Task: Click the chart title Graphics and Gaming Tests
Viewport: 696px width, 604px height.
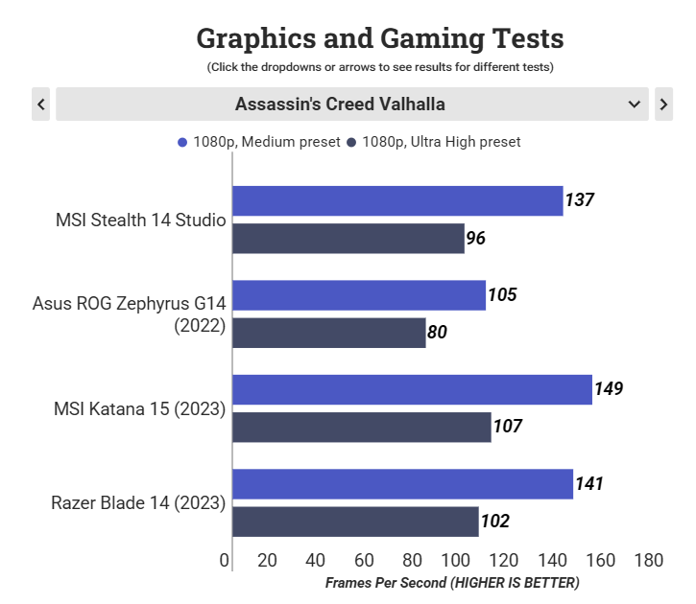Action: [379, 38]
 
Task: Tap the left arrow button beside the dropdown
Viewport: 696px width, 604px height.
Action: [40, 104]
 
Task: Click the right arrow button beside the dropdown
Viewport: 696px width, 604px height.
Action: [663, 104]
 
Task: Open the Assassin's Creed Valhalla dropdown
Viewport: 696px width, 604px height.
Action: [351, 104]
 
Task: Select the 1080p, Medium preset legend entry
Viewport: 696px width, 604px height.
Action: [259, 142]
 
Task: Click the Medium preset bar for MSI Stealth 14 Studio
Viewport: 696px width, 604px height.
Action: [397, 200]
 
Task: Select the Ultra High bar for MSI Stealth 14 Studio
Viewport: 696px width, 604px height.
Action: [348, 239]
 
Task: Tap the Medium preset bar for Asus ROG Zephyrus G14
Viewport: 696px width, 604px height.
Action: [359, 295]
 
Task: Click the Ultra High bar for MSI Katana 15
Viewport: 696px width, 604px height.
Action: [362, 427]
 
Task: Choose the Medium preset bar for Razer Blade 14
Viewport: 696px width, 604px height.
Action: [402, 484]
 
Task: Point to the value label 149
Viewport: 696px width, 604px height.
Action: [609, 389]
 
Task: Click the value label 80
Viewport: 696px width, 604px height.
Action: [438, 333]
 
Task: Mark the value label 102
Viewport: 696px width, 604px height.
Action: [495, 522]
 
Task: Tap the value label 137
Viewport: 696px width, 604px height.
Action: [580, 200]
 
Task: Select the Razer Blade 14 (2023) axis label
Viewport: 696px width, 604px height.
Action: [138, 503]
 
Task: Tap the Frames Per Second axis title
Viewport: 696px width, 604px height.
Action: [452, 582]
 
